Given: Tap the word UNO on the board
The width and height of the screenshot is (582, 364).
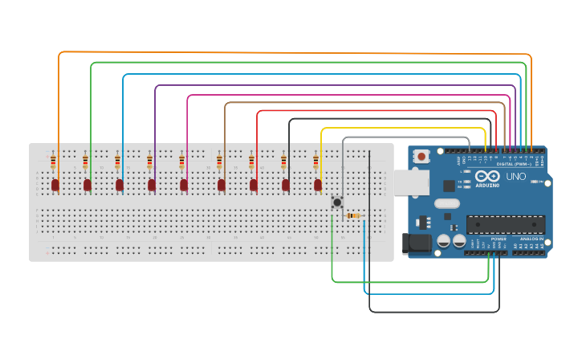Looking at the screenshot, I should [x=516, y=176].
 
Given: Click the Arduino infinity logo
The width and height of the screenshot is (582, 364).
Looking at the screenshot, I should [x=487, y=176].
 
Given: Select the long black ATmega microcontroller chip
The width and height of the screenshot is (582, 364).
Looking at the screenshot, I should [x=499, y=225].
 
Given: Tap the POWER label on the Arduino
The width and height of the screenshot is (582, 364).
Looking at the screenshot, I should [x=499, y=239].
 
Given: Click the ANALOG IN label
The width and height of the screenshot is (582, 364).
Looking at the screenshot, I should [x=531, y=239].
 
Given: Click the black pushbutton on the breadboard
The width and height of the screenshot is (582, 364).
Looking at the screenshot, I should [x=337, y=202].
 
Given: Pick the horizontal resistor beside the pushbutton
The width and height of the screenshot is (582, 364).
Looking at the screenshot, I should [x=352, y=215].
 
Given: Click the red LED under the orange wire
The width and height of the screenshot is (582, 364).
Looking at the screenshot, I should [x=55, y=185].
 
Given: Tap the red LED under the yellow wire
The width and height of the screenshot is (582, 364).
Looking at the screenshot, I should [x=318, y=185].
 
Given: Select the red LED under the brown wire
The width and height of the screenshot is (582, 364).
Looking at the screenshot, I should [x=222, y=185].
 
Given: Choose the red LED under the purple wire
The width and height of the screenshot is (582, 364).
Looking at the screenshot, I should [x=152, y=185].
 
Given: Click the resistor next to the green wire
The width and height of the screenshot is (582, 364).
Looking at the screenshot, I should [x=85, y=162].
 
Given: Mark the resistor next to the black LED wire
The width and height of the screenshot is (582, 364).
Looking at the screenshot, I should [x=283, y=162].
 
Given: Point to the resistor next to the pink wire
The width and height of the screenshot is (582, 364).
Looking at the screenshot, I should [x=181, y=162].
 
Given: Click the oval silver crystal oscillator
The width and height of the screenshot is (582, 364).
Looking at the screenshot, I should [x=447, y=204].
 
